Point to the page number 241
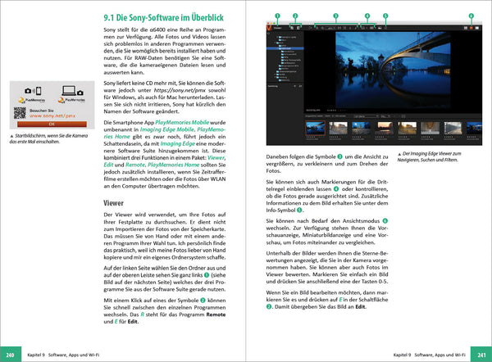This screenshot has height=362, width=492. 480,355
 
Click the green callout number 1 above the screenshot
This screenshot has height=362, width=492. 277,15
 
